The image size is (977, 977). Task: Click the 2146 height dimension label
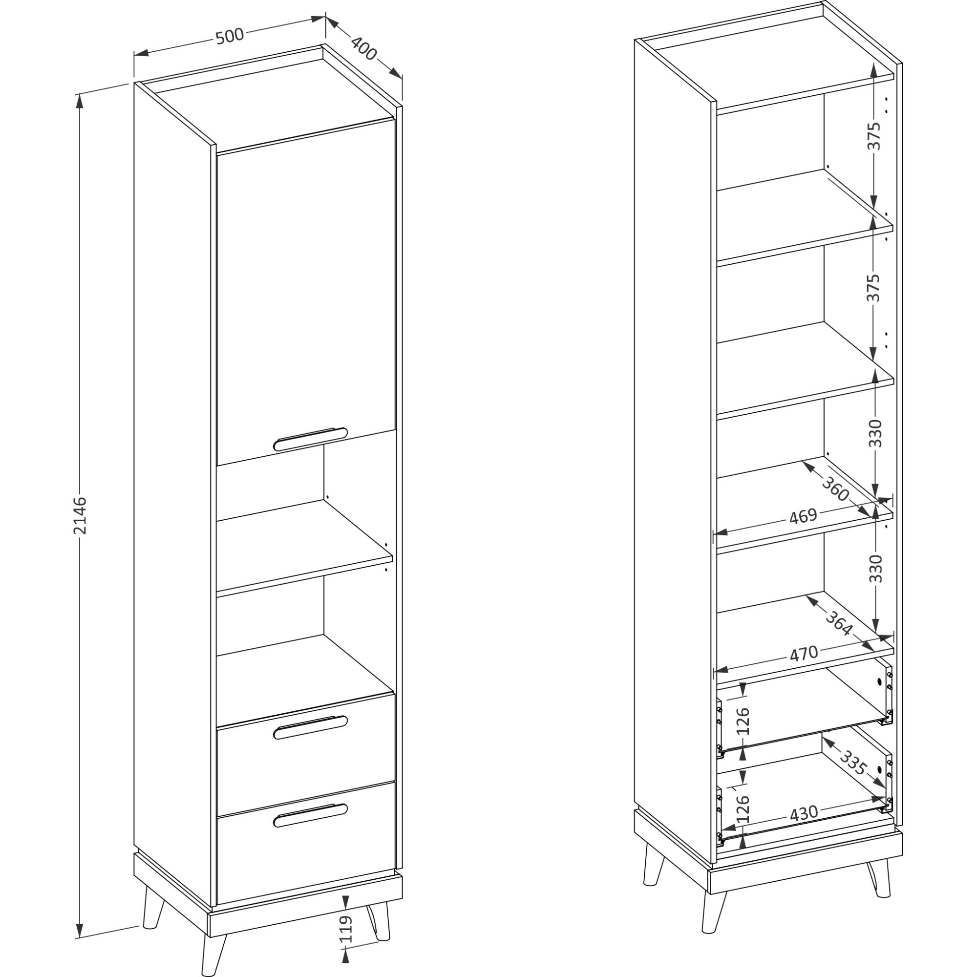(81, 515)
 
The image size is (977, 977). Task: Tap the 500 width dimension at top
(230, 37)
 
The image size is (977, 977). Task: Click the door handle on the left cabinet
(310, 439)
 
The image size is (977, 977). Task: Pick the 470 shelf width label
(804, 653)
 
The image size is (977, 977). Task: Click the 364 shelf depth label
(839, 623)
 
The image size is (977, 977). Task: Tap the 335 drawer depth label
(853, 763)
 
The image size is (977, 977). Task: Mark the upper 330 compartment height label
(875, 433)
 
